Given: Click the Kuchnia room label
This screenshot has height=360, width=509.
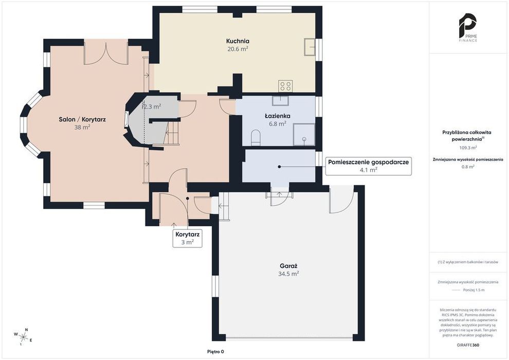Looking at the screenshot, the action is click(238, 41).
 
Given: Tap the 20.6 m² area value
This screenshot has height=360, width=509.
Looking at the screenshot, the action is click(238, 49).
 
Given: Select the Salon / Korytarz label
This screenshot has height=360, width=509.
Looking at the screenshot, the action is click(82, 119).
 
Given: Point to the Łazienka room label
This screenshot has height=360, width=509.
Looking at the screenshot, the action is click(277, 116).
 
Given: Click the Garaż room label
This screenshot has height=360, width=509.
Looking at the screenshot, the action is click(288, 266).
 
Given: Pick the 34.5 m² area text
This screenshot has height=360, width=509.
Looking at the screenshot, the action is click(288, 274).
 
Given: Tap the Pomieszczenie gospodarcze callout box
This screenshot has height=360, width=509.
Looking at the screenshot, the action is click(369, 166).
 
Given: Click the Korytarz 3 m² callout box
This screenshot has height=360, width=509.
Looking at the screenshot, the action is click(187, 238).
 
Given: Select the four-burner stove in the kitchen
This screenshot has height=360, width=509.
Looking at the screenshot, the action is click(285, 86).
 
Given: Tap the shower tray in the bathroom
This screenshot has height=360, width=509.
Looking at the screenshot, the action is click(304, 134).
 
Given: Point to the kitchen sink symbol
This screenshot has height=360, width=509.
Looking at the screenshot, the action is click(310, 47).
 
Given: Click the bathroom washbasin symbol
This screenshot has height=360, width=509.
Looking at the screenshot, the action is click(281, 100).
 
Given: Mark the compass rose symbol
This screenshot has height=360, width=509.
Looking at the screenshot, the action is click(23, 336).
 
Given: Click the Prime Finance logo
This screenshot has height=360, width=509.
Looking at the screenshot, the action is click(468, 28).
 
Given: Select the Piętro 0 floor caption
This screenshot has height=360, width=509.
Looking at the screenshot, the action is click(215, 352).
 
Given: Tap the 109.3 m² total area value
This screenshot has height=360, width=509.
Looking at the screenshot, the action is click(468, 148).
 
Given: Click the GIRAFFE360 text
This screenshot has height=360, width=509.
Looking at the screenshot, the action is click(468, 345).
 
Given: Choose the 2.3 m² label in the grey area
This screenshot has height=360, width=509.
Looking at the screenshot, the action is click(152, 106).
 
